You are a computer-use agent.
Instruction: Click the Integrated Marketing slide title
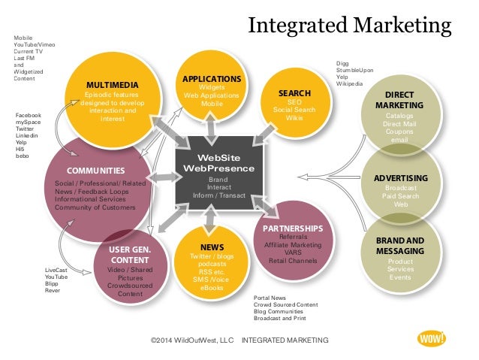pyautogui.click(x=349, y=28)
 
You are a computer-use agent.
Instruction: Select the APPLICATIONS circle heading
pyautogui.click(x=212, y=79)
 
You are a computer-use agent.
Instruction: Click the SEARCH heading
pyautogui.click(x=294, y=94)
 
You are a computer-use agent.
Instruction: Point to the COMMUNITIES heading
pyautogui.click(x=95, y=171)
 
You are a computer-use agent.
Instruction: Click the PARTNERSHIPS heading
pyautogui.click(x=293, y=228)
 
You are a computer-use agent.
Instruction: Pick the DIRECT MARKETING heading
pyautogui.click(x=399, y=101)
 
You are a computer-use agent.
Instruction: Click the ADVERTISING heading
pyautogui.click(x=400, y=177)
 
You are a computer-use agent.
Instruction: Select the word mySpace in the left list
pyautogui.click(x=28, y=123)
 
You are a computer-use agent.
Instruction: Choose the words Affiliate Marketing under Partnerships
pyautogui.click(x=293, y=244)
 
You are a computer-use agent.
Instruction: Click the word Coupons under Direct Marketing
pyautogui.click(x=399, y=132)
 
